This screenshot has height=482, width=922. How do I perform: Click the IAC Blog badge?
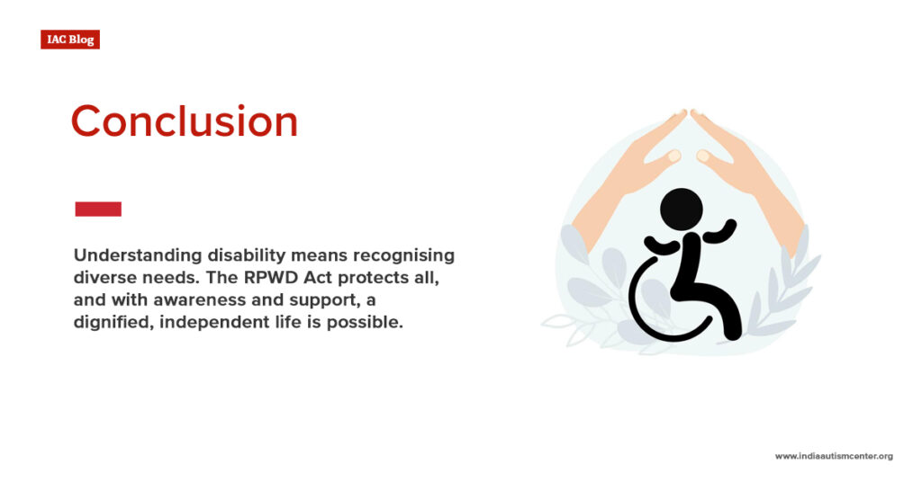click(x=69, y=40)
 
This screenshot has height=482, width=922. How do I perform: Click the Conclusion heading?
click(x=184, y=121)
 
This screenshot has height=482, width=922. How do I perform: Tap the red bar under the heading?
click(x=97, y=209)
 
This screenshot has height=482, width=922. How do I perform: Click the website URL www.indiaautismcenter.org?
click(x=834, y=456)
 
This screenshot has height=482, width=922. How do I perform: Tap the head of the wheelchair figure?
click(x=682, y=209)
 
